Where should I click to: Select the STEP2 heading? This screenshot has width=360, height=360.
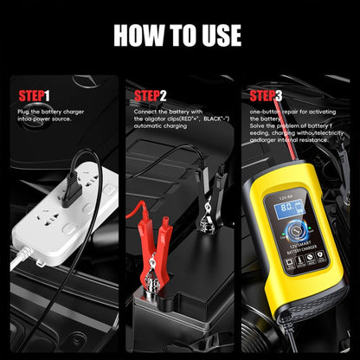point(151,95)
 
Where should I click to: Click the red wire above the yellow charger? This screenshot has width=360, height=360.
point(267,151)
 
